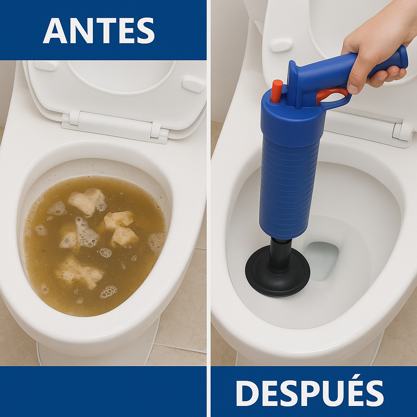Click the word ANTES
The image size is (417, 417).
pos(99,31)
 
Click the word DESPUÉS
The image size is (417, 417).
pos(309,393)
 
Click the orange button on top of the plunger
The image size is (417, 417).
pos(277,90)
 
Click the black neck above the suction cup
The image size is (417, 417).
pos(281,255)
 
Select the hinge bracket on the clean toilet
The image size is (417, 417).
pos(401,131)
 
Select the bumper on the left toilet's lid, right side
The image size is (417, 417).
pos(193,83)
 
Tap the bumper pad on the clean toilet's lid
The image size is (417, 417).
pos(281,45)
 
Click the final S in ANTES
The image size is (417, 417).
pos(145,31)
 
